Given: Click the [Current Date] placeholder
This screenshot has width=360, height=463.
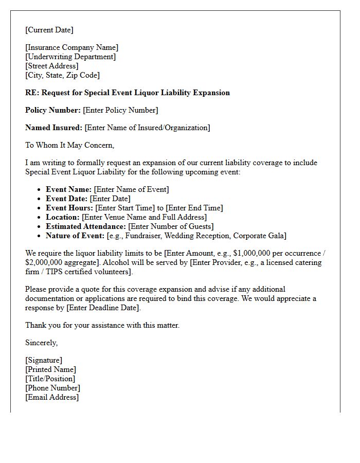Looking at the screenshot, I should coord(49,30).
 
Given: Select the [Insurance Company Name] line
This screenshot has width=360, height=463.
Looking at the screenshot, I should coord(72,48).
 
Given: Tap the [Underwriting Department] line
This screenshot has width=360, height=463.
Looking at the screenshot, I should coord(70,57).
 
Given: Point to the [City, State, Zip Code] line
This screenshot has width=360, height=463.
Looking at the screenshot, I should coord(62,75).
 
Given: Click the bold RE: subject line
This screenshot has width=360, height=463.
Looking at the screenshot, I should coord(128,93).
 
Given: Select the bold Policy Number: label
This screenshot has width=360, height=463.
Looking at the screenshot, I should coord(53,110).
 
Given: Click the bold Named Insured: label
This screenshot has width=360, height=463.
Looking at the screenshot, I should coord(53,128).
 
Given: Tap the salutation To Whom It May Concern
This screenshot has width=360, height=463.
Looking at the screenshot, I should coord(69,145).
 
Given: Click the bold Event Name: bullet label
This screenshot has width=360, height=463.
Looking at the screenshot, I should coord(68,189).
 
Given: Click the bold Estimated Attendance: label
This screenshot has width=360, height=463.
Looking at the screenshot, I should coord(85,226).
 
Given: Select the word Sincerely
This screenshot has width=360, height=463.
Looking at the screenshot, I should coord(41,343).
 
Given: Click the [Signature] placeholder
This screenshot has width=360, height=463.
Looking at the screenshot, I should coord(44,360).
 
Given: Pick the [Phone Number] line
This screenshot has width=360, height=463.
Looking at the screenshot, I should coord(52,388).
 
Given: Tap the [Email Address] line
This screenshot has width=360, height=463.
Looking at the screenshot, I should coord(52,397).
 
